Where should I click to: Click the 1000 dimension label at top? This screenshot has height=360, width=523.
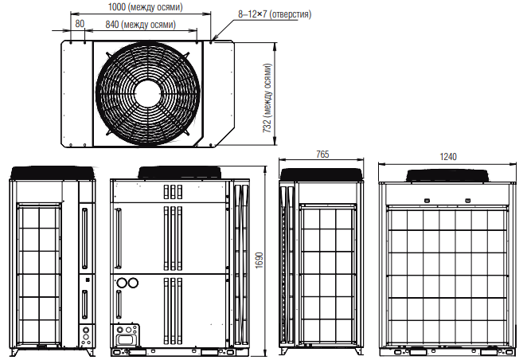145,7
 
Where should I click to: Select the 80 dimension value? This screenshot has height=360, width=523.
80,24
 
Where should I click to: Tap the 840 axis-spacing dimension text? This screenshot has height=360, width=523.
140,25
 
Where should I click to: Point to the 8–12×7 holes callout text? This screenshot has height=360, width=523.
275,14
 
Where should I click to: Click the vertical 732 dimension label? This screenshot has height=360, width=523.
267,98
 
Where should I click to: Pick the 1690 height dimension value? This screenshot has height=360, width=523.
259,260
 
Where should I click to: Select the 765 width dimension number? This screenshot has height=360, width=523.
322,155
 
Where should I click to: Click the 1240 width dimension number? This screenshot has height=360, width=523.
448,157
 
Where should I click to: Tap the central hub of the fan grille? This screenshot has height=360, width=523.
148,93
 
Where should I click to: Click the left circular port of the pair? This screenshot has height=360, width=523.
122,283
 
